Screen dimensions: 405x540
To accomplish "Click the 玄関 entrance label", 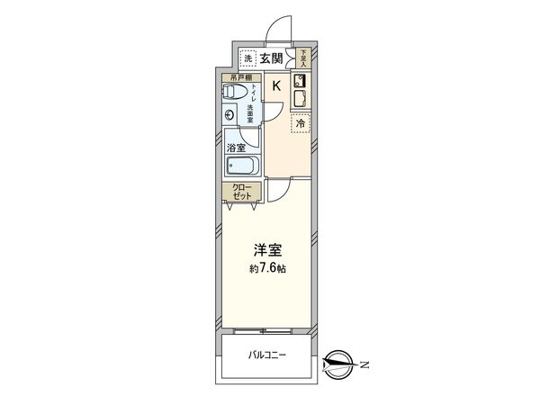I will point(272,58).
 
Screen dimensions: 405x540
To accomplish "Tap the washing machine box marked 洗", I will point(248,59).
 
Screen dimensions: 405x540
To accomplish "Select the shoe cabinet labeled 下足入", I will point(303,58).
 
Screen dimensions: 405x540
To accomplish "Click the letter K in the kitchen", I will point(277,85).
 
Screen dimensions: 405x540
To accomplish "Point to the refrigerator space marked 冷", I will point(301,124).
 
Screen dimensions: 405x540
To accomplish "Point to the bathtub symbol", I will point(243,166).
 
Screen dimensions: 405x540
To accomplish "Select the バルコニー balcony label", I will point(267,356).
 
